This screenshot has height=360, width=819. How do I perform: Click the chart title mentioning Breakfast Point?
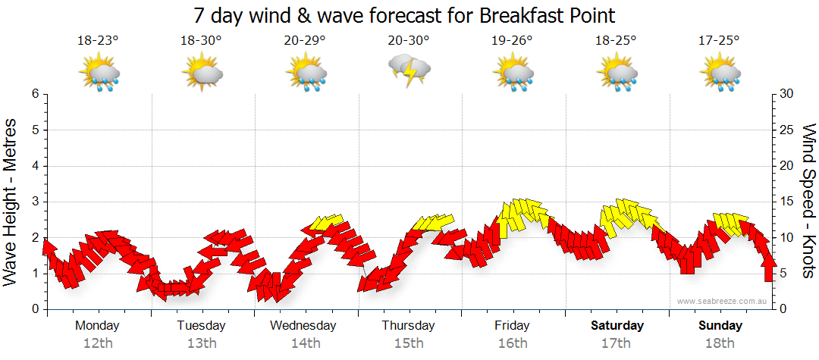403,15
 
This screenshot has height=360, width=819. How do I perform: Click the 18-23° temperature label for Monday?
98,41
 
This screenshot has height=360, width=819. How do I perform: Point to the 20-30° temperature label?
409,41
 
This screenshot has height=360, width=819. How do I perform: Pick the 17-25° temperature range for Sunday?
719,41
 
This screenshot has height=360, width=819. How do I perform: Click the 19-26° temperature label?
512,41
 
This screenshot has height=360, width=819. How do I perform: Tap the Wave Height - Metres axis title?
11,202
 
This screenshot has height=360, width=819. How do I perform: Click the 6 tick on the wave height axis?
35,94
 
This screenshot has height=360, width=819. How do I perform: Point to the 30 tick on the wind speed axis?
786,94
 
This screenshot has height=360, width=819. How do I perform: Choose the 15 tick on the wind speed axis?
786,202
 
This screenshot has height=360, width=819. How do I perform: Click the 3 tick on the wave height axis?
35,202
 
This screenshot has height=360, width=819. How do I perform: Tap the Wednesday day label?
303,326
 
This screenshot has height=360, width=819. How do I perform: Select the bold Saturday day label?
617,326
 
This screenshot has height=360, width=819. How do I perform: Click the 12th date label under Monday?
98,343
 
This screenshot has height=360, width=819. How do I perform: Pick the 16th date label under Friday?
513,343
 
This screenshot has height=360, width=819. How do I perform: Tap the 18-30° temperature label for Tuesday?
201,41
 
